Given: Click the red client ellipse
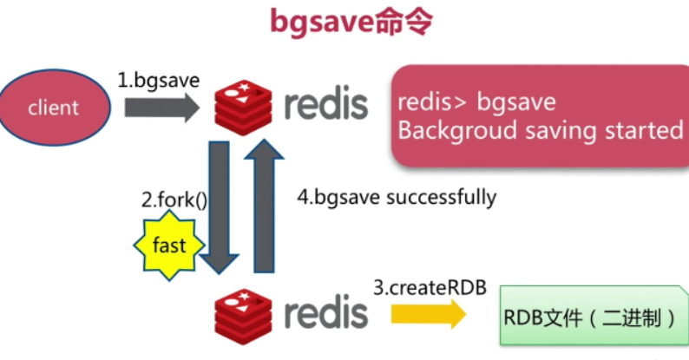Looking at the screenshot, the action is coord(55,107).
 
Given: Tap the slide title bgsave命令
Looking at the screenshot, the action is coord(351,22).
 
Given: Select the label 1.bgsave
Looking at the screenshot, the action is coord(159,81).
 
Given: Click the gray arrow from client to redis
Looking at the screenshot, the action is coord(161,108).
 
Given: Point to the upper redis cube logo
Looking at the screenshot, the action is coord(243,107).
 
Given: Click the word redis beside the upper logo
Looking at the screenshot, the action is coord(326,103).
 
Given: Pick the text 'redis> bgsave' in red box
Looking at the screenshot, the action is coord(476,102).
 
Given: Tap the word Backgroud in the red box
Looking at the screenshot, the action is coord(457,131).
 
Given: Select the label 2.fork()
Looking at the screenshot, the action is coord(174,200).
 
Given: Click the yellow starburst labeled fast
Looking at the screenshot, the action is coord(169,245).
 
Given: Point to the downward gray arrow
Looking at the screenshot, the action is coord(219,207).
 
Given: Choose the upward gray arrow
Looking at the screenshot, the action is coord(264,206).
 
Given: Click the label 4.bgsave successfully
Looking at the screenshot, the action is coord(397,197).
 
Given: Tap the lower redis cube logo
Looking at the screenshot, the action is coord(243,317).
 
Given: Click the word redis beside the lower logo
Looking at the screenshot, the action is coord(326,312).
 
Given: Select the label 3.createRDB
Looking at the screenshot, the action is coord(430,288).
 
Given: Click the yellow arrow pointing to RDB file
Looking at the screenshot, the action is coord(429,314).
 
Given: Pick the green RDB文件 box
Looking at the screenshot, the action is coord(594,316).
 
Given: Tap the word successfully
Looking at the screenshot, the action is coord(441,197).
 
